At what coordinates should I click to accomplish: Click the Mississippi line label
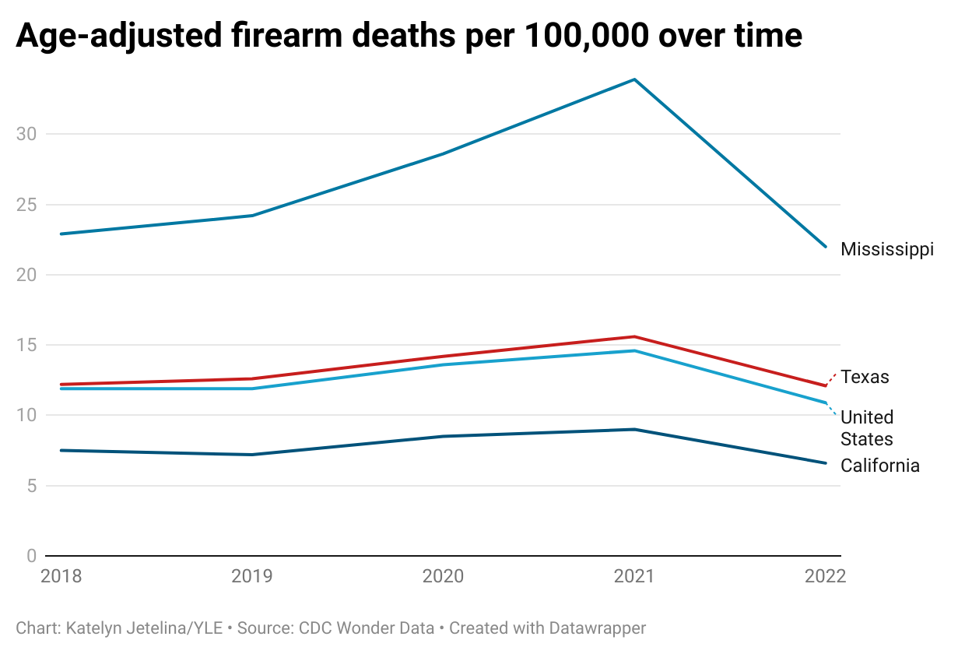886,249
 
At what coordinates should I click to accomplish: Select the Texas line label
865,377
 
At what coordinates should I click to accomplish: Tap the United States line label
867,428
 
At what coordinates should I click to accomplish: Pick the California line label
880,466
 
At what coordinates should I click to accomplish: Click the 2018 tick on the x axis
61,576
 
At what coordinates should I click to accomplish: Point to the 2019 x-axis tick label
252,576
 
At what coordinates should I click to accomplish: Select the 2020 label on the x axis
443,576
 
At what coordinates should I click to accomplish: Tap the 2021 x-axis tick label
634,576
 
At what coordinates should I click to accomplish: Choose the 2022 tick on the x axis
825,576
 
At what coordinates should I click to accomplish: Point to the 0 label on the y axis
31,556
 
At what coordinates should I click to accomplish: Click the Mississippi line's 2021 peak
634,79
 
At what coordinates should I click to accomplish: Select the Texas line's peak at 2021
634,336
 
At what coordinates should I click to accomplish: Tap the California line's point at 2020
443,436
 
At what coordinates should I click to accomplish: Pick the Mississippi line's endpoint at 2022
825,247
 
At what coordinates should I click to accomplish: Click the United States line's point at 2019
252,389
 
